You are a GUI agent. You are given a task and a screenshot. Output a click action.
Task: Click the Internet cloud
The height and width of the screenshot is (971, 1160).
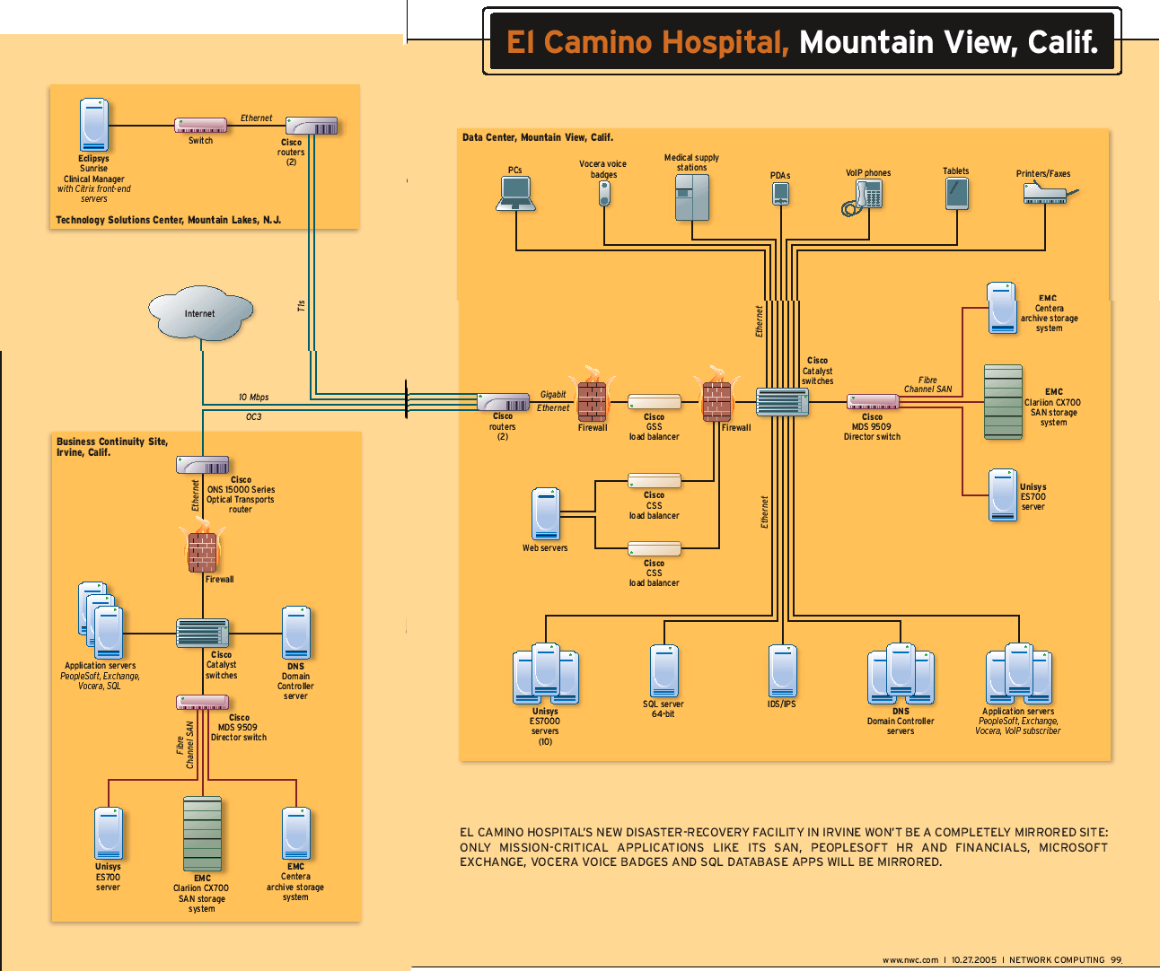(200, 313)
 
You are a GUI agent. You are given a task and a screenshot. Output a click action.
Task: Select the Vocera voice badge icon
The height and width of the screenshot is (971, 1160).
(604, 193)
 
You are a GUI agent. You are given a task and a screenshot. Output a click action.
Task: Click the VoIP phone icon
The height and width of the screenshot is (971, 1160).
(864, 197)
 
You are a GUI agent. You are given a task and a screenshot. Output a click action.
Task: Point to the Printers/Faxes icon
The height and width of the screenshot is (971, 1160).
(1048, 193)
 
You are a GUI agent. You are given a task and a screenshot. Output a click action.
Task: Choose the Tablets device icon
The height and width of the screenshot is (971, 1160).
(957, 193)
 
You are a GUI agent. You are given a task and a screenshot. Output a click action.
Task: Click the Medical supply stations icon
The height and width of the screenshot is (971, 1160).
(692, 197)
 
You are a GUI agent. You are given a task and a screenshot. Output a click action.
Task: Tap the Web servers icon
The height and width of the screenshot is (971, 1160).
(546, 513)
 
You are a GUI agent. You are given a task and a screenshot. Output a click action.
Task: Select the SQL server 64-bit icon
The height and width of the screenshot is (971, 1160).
(664, 670)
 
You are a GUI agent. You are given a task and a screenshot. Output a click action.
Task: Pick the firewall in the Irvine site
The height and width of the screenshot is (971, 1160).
(203, 549)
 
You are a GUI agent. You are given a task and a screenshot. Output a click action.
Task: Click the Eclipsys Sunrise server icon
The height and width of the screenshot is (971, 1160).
(94, 125)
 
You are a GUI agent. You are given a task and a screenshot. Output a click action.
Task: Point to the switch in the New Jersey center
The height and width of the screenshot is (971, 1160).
(201, 127)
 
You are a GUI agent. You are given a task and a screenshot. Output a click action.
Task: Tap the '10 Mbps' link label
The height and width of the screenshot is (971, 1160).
(254, 397)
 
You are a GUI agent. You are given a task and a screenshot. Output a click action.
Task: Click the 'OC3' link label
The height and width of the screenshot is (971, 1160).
(254, 417)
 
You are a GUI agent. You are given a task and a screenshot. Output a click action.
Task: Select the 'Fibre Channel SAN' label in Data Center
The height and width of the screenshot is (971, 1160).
(927, 385)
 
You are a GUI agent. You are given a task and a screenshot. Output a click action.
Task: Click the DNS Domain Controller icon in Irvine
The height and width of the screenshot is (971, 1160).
(296, 633)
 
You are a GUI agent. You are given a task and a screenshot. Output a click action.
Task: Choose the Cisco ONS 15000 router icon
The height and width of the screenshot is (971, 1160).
(203, 465)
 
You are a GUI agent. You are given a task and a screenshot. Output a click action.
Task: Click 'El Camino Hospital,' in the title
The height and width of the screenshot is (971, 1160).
(647, 42)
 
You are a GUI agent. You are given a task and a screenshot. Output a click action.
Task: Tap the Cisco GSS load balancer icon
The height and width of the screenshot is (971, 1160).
(655, 402)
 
